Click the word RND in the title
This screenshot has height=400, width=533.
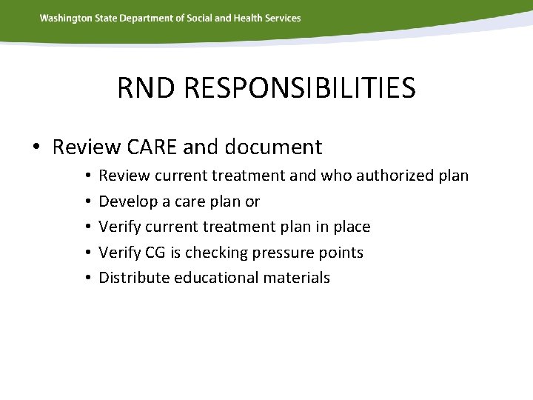tap(148, 88)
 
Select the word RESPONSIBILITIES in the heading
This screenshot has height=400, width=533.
tap(299, 88)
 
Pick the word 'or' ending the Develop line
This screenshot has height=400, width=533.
tap(252, 201)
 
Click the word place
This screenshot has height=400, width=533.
tap(350, 227)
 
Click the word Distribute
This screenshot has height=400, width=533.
tap(131, 278)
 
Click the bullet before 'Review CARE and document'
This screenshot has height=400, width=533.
tap(36, 147)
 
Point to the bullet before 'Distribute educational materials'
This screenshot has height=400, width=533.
tap(87, 278)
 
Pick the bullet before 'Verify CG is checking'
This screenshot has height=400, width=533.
tap(87, 253)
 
